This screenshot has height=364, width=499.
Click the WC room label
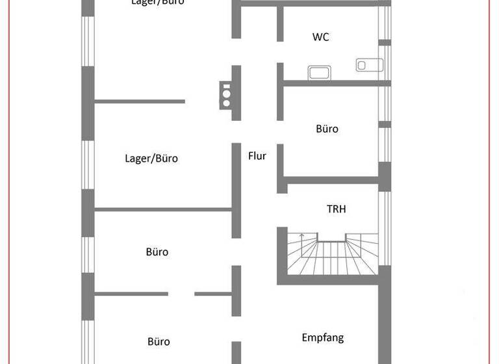point(320,37)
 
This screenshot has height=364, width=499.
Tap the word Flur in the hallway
point(257,156)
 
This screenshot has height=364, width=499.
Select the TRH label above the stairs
point(336,209)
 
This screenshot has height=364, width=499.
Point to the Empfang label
point(322,337)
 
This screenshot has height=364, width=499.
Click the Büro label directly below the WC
point(327,129)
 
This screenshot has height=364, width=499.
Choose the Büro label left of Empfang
point(158,341)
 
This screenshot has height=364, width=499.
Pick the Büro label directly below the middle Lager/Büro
point(157,252)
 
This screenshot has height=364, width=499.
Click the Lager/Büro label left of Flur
point(151,159)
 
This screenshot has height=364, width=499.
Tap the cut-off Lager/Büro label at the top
point(157,3)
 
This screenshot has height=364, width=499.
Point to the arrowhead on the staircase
point(301,235)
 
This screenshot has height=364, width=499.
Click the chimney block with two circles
point(225,94)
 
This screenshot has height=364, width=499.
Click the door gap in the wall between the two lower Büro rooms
point(181,294)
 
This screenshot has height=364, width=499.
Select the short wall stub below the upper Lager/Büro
point(140,101)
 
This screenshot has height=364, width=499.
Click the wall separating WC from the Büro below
point(335,83)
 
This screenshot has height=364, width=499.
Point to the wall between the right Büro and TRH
point(331,180)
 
